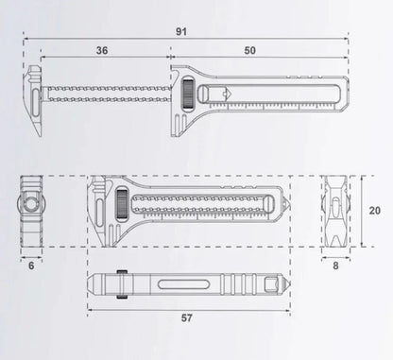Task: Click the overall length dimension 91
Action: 180,31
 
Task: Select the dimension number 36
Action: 101,50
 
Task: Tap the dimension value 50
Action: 248,50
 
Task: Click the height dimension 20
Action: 374,211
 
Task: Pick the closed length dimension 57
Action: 186,318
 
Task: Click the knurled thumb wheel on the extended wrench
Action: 189,95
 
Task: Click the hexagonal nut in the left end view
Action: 31,204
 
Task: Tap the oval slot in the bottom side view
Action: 179,283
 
